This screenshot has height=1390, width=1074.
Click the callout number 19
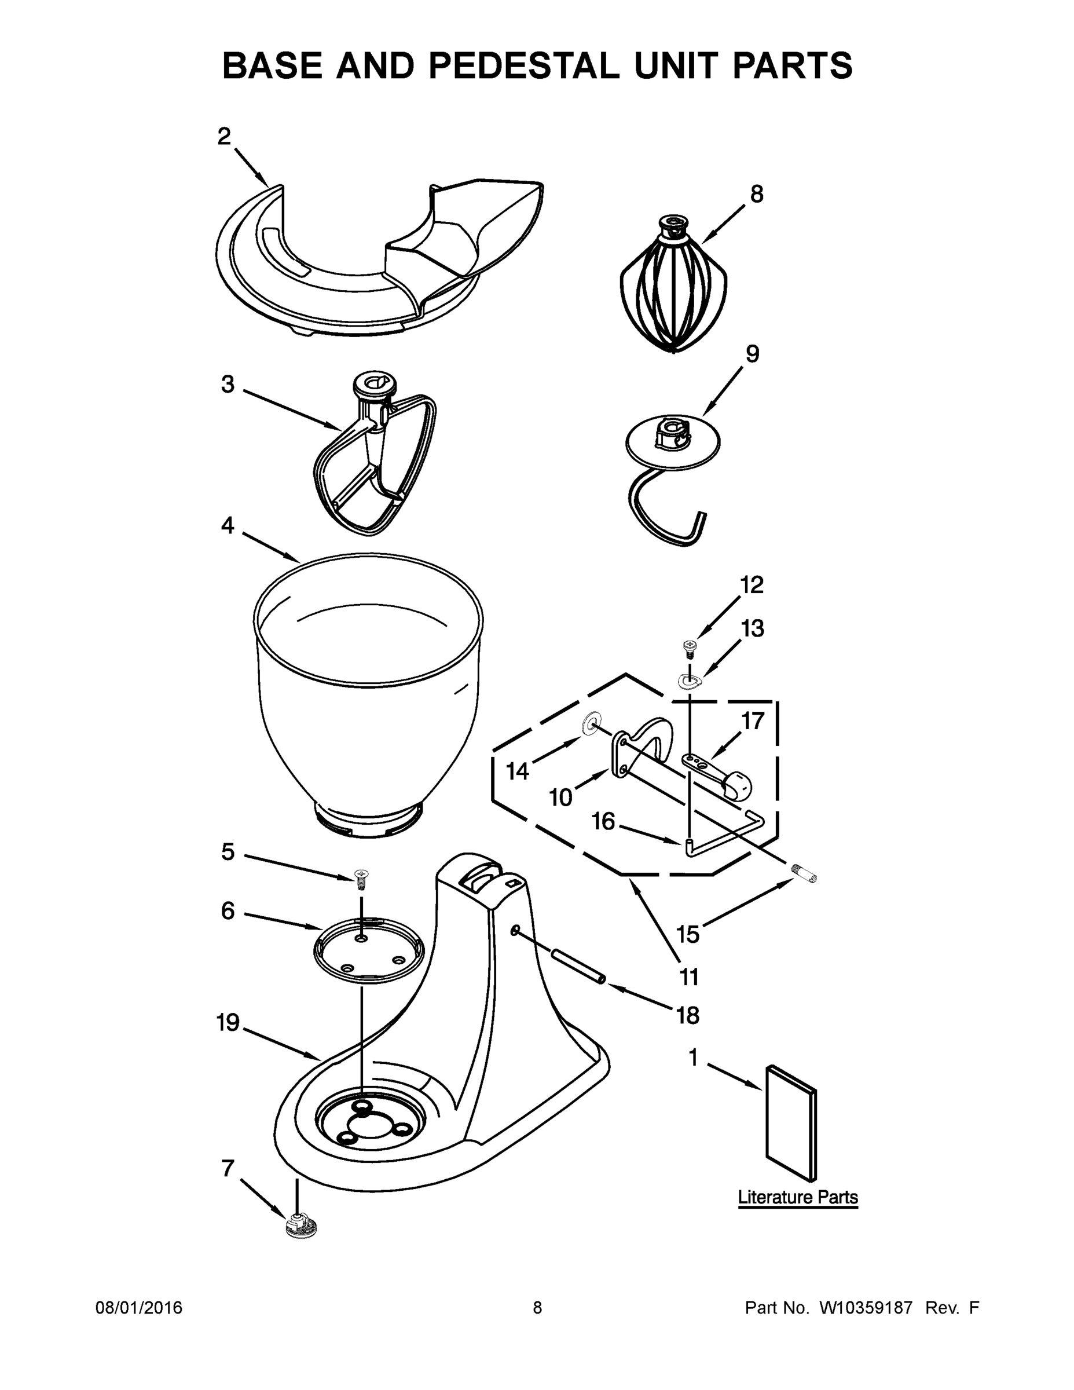click(227, 1023)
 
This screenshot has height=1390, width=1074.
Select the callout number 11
click(689, 976)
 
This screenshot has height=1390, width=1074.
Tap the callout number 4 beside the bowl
click(227, 526)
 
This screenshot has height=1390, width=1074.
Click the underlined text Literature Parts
click(797, 1197)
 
